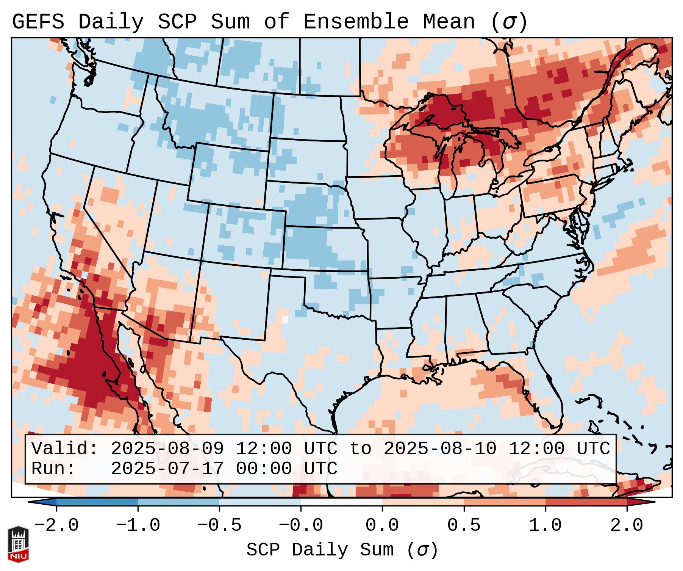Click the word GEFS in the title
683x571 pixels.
click(38, 22)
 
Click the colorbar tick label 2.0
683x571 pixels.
click(627, 526)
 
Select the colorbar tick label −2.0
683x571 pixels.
click(56, 526)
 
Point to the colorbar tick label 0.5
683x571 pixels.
click(464, 526)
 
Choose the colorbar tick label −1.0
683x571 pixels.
click(138, 526)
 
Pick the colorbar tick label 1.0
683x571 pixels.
click(545, 526)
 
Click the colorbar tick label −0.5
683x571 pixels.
click(219, 526)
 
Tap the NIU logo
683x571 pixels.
click(18, 544)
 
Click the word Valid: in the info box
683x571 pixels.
click(65, 449)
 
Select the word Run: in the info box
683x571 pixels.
click(53, 469)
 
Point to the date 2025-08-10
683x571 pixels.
click(440, 449)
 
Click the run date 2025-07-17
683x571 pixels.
click(167, 469)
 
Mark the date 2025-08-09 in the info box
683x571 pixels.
click(167, 449)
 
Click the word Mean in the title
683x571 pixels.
click(449, 22)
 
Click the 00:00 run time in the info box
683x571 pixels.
click(264, 469)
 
